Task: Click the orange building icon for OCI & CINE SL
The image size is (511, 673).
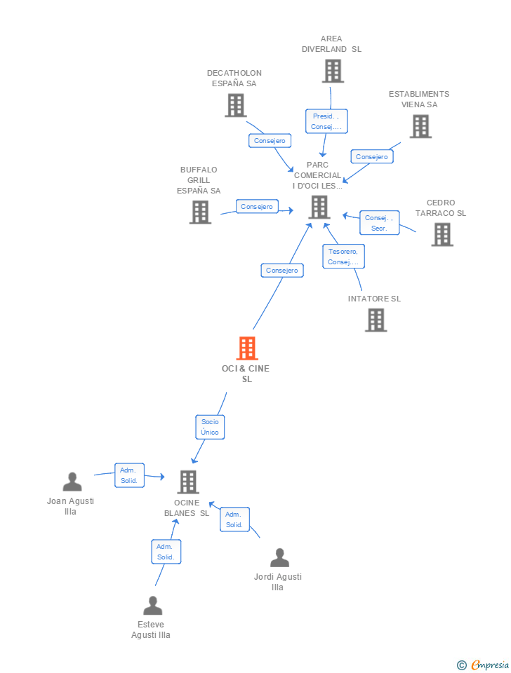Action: pos(247,348)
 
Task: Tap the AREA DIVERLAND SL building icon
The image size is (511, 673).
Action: pos(333,71)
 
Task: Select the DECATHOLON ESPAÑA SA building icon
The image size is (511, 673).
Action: pos(235,105)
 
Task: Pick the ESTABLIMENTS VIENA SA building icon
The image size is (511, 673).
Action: pos(420,126)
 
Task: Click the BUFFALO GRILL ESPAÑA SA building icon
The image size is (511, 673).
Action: pos(200,212)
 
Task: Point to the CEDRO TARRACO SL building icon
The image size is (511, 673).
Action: pos(442,234)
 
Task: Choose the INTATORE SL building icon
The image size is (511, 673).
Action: pos(376,320)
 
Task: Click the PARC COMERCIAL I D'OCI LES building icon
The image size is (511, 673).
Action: pos(319,207)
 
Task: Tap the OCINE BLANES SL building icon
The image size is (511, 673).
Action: pos(187,482)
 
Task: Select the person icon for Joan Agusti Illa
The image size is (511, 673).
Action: pos(72,482)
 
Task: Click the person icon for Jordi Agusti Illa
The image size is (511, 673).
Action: pos(279,557)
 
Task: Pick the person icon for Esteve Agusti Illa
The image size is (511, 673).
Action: pos(152,605)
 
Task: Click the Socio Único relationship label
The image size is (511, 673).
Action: pos(210,427)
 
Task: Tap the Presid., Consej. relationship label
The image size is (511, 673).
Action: pos(326,121)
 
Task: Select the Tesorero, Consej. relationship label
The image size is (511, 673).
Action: pos(343,257)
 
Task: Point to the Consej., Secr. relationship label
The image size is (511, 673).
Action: pos(379,223)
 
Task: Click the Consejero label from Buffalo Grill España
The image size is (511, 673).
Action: pos(257,207)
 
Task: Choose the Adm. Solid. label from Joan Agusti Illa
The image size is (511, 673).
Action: pos(129,475)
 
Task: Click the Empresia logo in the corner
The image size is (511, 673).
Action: pos(483,665)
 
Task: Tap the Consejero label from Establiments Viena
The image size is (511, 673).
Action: pos(371,157)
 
